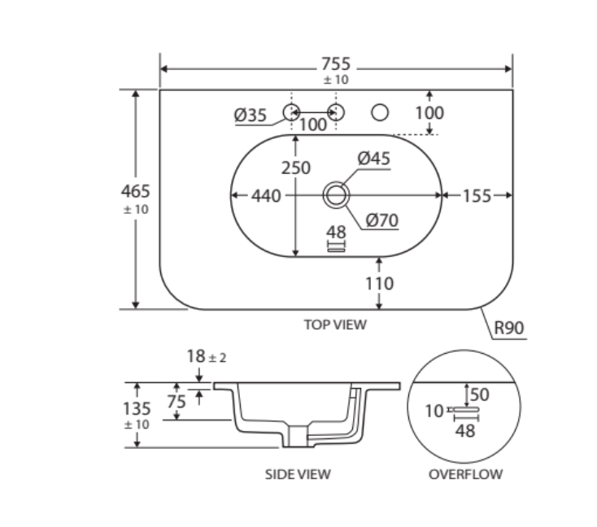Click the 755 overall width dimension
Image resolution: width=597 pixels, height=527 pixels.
(335, 63)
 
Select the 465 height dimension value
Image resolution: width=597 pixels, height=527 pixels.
(136, 191)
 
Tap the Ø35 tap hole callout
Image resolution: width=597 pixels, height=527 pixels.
(251, 115)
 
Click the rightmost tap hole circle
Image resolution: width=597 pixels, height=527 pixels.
(380, 112)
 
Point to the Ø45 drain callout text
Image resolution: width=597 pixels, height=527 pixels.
(374, 158)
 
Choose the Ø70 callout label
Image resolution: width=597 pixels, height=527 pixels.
(382, 220)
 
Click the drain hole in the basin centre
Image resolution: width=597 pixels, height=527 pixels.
(336, 195)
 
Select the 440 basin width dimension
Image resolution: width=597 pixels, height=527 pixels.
(266, 196)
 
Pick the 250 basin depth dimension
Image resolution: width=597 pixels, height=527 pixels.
(296, 168)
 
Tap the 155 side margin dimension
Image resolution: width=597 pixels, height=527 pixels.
(477, 196)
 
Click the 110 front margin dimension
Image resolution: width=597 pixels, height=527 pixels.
(379, 283)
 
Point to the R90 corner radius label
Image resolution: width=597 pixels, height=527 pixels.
(508, 328)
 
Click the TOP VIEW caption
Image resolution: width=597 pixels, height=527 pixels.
(335, 324)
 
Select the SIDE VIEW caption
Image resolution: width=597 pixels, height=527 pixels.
(298, 474)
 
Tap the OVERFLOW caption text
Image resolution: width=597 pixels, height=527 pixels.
(465, 474)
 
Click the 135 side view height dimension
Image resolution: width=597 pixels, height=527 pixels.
(137, 408)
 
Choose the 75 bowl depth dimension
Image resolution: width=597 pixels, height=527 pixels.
(176, 401)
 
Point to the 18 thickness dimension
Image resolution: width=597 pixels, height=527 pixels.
(196, 356)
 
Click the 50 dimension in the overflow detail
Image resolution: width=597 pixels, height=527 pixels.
(480, 394)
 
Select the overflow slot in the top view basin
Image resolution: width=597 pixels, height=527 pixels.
(336, 250)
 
